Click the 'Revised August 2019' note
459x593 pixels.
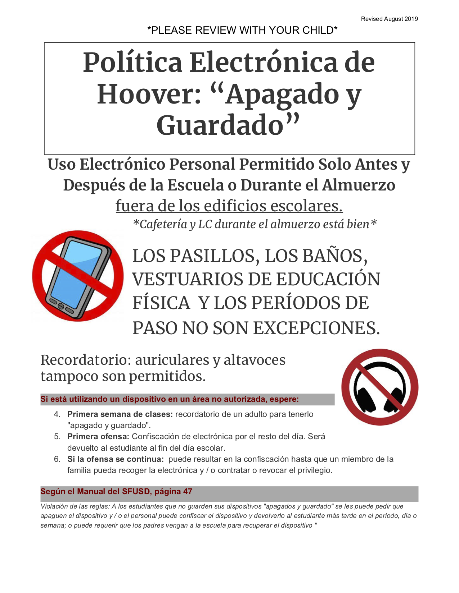(389, 19)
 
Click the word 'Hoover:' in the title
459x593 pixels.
(149, 95)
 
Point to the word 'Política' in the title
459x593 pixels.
(133, 63)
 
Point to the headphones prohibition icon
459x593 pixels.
(380, 387)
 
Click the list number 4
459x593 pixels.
(57, 414)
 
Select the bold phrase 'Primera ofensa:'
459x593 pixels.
(98, 437)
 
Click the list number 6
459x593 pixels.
(57, 459)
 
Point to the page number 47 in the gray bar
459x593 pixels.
(188, 492)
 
